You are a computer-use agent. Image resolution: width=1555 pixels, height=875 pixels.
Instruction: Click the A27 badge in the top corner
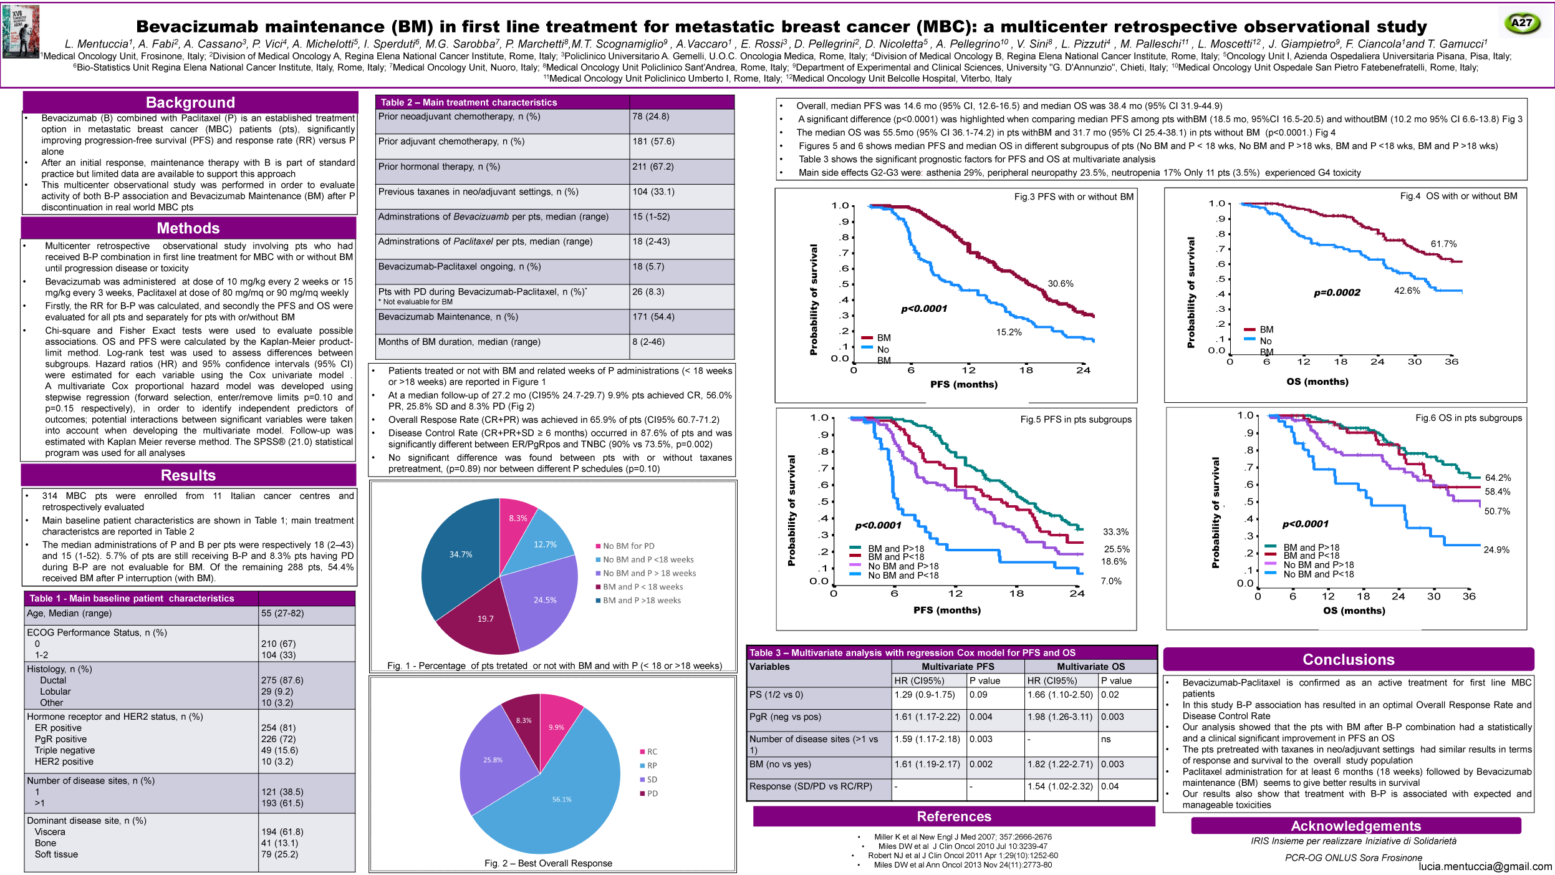pyautogui.click(x=1521, y=23)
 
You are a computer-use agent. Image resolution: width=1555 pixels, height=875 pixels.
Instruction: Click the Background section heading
pyautogui.click(x=190, y=102)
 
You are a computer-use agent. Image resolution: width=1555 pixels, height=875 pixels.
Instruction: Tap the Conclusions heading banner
pyautogui.click(x=1348, y=659)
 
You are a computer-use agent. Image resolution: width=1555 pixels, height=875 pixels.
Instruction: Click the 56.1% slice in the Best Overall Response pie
pyautogui.click(x=561, y=799)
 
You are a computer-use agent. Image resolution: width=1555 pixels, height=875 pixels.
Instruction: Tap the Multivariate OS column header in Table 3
pyautogui.click(x=1090, y=667)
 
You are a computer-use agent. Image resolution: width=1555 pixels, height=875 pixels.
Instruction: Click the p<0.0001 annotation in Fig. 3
pyautogui.click(x=923, y=309)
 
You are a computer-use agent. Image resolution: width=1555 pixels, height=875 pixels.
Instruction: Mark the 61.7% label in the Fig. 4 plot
pyautogui.click(x=1443, y=244)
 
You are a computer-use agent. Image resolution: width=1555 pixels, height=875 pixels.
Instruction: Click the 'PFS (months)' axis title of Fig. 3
pyautogui.click(x=963, y=384)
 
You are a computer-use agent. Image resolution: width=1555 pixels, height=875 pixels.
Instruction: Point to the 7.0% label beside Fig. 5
pyautogui.click(x=1110, y=581)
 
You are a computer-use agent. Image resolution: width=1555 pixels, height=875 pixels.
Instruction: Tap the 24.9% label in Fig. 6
pyautogui.click(x=1496, y=549)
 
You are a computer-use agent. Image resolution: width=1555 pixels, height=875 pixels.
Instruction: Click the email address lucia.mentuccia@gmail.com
pyautogui.click(x=1485, y=866)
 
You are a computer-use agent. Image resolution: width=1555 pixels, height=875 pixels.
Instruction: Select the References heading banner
pyautogui.click(x=953, y=816)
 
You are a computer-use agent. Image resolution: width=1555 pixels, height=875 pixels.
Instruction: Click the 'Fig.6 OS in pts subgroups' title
pyautogui.click(x=1468, y=418)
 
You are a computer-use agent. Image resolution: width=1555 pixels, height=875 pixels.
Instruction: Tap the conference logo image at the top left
pyautogui.click(x=21, y=31)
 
